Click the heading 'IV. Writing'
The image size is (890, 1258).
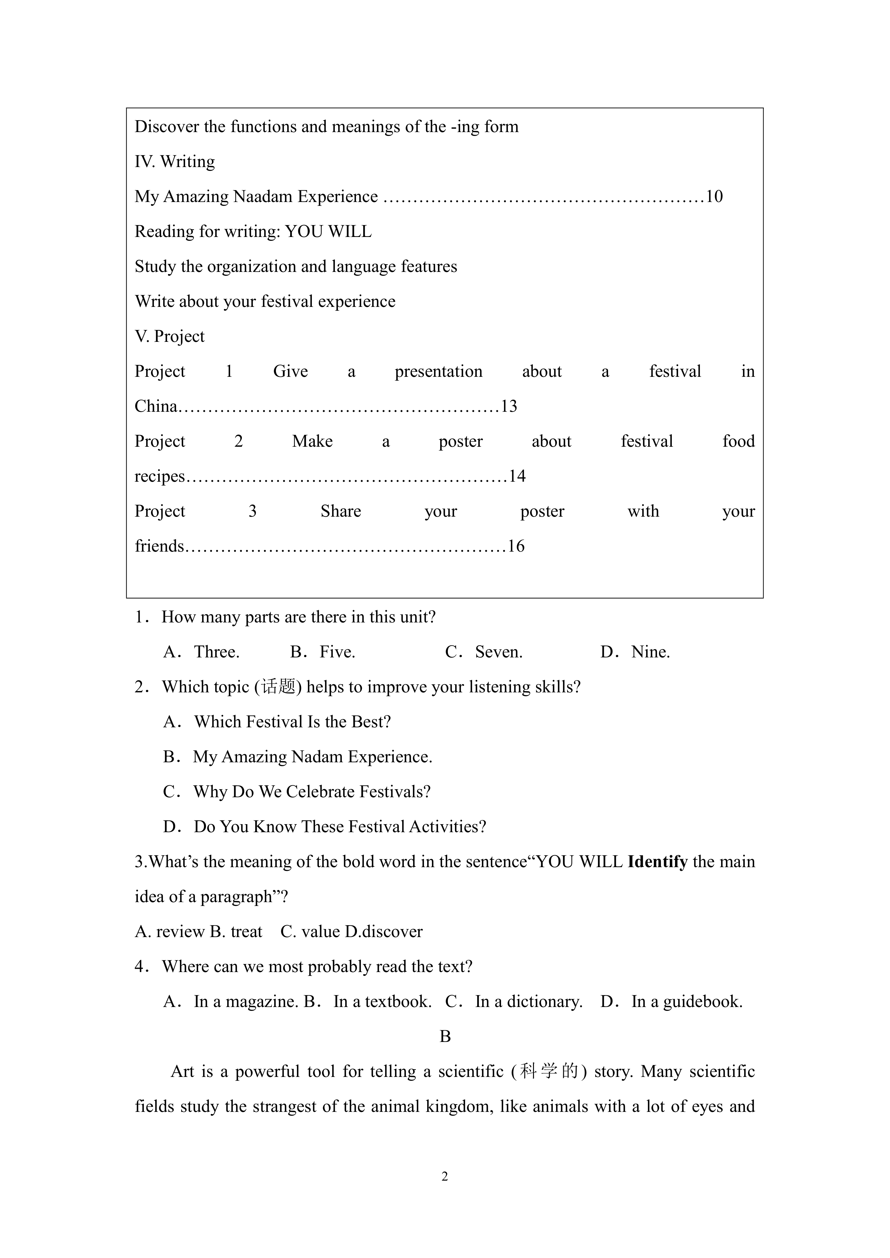coord(174,162)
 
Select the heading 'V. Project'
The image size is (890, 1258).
coord(169,336)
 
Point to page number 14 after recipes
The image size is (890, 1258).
coord(517,476)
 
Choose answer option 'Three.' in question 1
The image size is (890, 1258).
coord(216,652)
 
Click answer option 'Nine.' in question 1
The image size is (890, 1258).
coord(651,652)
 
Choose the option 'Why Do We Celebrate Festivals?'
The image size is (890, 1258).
coord(312,792)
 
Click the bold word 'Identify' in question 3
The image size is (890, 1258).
coord(657,862)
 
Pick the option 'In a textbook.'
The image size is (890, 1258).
coord(382,1002)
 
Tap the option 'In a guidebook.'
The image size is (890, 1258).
coord(687,1002)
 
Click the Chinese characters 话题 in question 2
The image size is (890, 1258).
coord(278,687)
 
